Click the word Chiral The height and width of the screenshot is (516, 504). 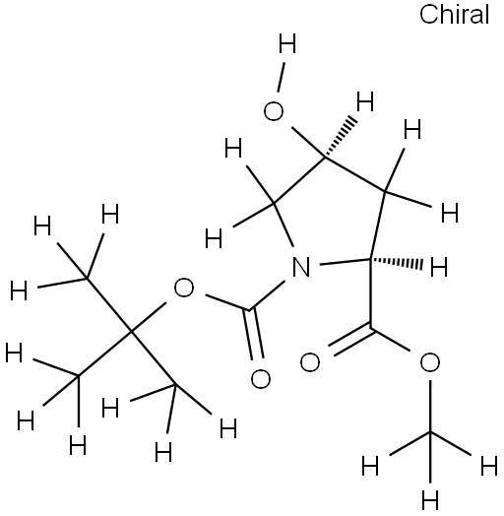[455, 15]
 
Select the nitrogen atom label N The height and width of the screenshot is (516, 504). [301, 267]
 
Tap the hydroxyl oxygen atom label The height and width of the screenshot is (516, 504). [274, 111]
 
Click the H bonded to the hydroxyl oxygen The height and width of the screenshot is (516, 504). [287, 43]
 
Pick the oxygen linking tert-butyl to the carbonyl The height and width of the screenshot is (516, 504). [183, 288]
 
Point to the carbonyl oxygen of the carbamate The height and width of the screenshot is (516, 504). [261, 378]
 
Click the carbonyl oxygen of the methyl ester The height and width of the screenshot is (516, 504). [309, 362]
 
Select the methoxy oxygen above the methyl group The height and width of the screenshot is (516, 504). [429, 362]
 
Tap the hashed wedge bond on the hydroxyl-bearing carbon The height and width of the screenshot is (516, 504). [340, 138]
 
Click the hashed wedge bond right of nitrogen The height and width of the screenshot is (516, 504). [396, 262]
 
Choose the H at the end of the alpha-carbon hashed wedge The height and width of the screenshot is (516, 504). [439, 267]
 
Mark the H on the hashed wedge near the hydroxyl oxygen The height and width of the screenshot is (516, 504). [365, 101]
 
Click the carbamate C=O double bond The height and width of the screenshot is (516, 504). [253, 334]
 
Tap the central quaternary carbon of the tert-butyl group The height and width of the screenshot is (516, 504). [131, 333]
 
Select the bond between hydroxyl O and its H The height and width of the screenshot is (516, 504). [282, 78]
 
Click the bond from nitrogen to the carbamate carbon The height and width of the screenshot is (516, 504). [267, 295]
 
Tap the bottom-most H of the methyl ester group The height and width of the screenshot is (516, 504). [430, 500]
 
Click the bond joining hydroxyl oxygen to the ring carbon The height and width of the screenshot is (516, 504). [308, 142]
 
